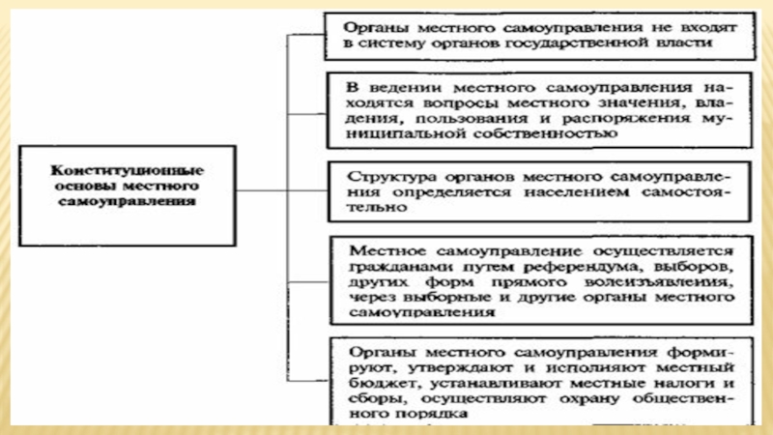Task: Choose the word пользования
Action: (460, 117)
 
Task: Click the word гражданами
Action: (386, 264)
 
